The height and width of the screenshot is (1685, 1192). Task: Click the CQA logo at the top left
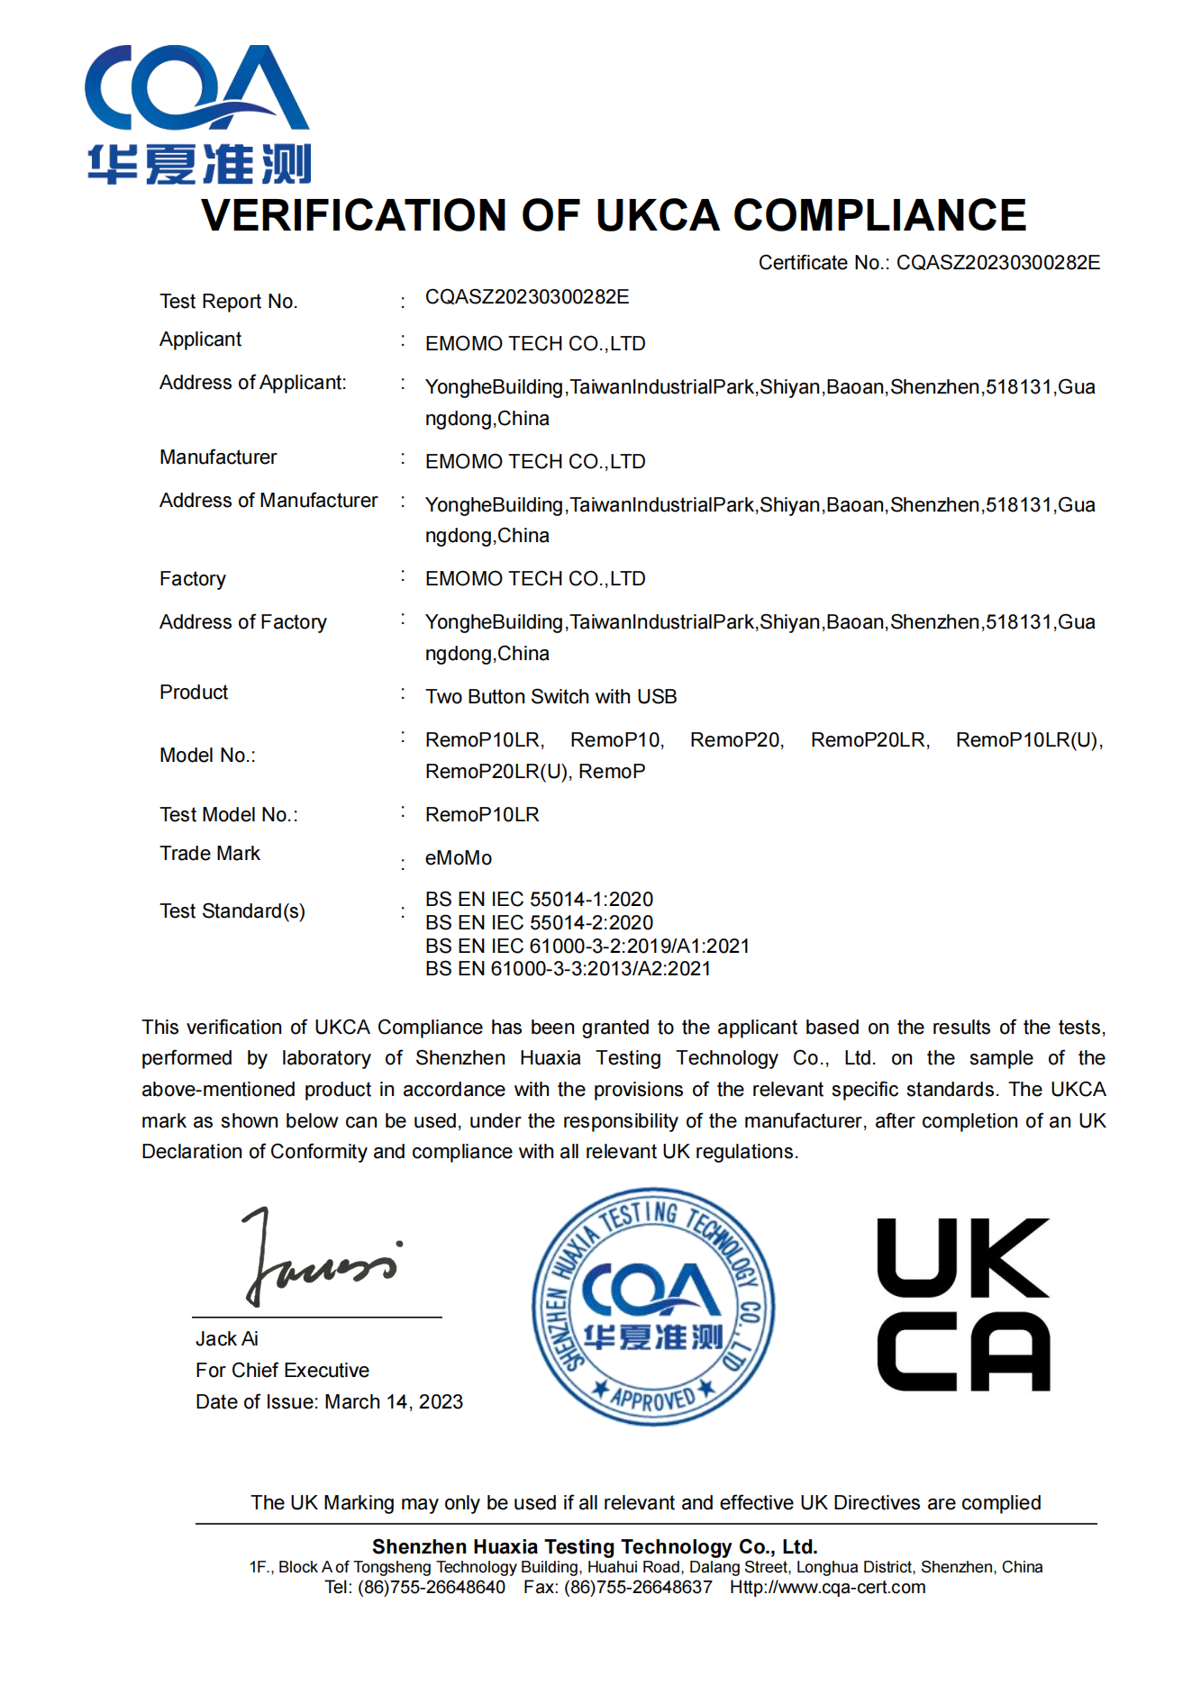point(198,114)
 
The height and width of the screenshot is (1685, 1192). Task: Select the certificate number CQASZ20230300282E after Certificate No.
point(998,263)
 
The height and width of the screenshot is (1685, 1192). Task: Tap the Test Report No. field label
point(228,302)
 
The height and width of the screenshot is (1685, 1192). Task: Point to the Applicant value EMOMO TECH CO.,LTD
point(535,344)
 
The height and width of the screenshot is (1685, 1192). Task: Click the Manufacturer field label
point(218,457)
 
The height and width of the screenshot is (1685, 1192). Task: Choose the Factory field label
point(192,579)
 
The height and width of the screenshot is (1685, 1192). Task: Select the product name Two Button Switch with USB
point(551,697)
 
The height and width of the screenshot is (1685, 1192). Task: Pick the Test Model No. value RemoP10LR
point(482,815)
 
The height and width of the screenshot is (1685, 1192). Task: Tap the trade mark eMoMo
point(459,858)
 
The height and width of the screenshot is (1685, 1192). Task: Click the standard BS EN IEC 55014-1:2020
point(539,900)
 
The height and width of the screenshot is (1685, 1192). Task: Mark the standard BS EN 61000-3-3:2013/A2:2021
point(568,969)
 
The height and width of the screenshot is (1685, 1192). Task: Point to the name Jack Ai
point(227,1339)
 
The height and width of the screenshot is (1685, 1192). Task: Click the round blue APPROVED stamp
point(652,1306)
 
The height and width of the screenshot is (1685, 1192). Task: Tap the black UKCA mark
point(963,1305)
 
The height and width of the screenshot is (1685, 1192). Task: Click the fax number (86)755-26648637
point(638,1588)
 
